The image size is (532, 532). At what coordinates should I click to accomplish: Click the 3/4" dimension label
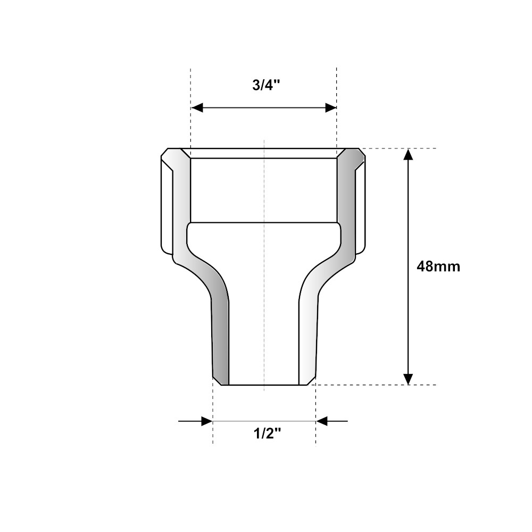point(267,86)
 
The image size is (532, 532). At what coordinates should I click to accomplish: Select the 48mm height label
point(438,267)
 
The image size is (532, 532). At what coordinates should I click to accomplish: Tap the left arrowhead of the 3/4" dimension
point(197,108)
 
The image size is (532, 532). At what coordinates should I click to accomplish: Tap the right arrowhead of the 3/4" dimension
point(331,108)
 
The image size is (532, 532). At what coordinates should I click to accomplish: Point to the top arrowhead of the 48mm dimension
point(408,154)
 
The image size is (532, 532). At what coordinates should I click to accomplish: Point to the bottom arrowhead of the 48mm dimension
point(408,379)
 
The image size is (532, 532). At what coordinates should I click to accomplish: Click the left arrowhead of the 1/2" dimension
point(207,421)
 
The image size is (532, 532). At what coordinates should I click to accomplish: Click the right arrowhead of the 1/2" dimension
point(322,421)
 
